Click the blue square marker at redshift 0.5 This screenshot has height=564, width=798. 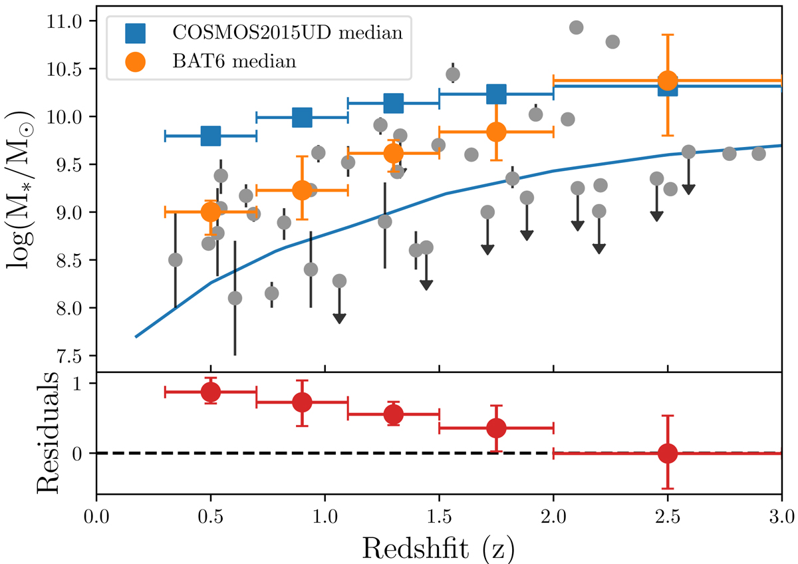tap(211, 136)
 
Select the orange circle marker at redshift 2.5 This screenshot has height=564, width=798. tap(667, 80)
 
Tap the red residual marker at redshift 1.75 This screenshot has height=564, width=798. tap(496, 428)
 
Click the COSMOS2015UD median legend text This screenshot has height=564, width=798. tap(287, 33)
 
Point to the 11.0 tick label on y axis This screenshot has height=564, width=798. tap(69, 22)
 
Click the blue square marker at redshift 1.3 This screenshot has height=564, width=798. tap(394, 103)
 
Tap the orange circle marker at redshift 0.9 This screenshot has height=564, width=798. tap(302, 190)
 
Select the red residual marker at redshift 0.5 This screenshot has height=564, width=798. tap(211, 392)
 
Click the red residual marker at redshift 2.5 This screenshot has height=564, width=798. tap(667, 453)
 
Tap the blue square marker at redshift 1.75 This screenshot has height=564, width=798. tap(496, 94)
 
